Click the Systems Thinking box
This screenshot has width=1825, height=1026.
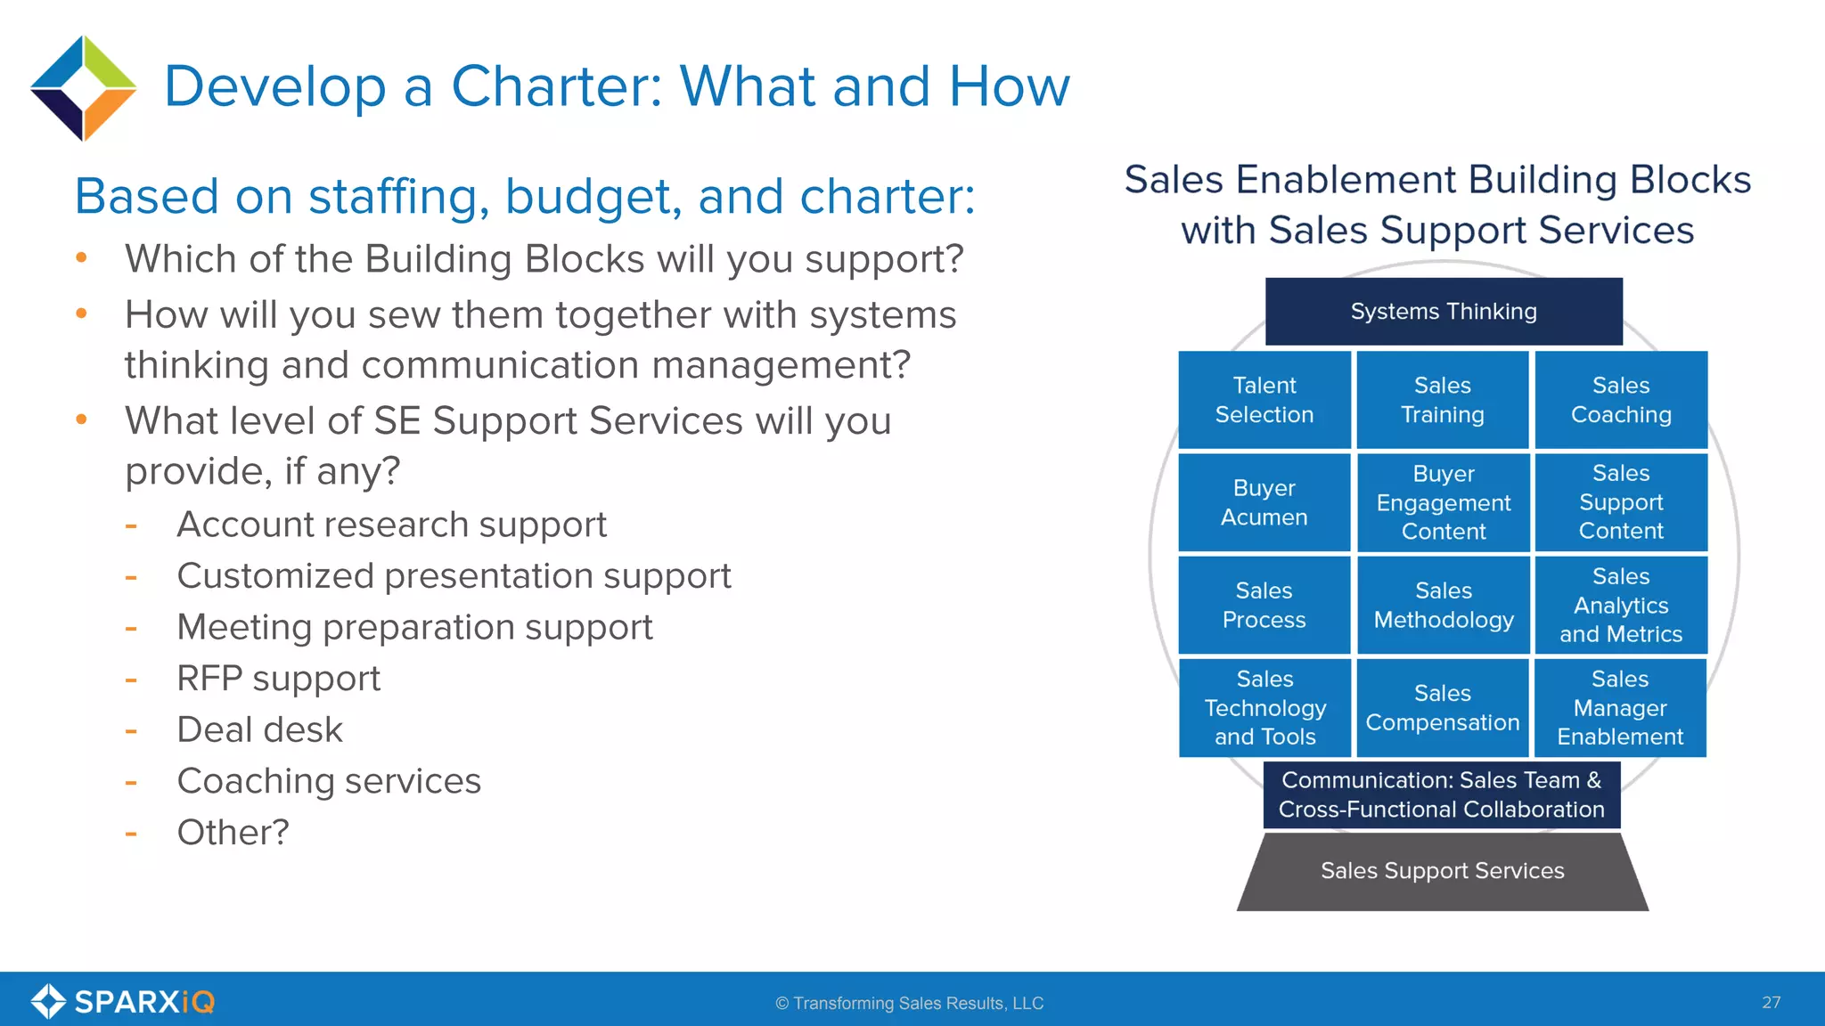pos(1443,312)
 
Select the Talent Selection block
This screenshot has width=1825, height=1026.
pos(1264,400)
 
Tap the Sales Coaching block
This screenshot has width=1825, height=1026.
pos(1620,400)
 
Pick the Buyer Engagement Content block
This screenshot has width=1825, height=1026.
pos(1443,502)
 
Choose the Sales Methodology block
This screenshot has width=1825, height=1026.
pos(1443,605)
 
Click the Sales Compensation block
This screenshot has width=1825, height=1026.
pos(1443,707)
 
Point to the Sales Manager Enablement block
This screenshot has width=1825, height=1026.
pos(1619,707)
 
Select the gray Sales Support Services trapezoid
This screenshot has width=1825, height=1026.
pos(1442,871)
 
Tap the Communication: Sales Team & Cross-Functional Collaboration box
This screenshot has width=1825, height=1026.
pos(1441,794)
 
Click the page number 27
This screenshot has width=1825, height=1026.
pos(1771,1003)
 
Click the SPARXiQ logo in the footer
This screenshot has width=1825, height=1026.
pos(123,1002)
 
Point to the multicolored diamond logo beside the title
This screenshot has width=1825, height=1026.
pos(83,88)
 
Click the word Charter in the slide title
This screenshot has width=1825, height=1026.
pos(556,86)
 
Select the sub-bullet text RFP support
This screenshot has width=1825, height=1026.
pos(278,679)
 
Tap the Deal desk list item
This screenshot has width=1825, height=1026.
pos(259,730)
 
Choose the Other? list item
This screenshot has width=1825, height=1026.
pos(233,833)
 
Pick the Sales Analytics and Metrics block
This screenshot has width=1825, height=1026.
pos(1620,605)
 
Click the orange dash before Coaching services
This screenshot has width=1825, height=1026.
pos(131,783)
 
